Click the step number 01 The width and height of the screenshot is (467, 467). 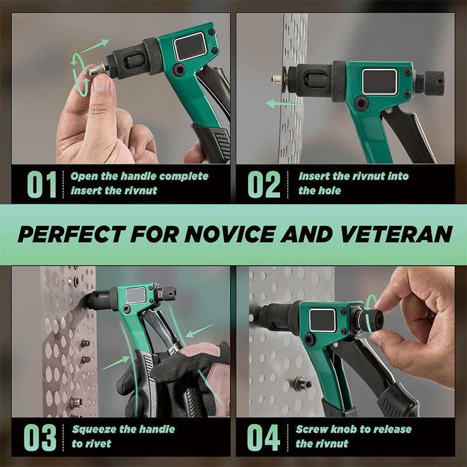41,183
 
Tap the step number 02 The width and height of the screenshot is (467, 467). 264,183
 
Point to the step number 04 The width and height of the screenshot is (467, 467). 264,437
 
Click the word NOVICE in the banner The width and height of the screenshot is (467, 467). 232,234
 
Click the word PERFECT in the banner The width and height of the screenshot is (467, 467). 69,234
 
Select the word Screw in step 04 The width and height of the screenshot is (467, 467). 312,430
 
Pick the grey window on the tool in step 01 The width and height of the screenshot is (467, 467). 190,46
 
